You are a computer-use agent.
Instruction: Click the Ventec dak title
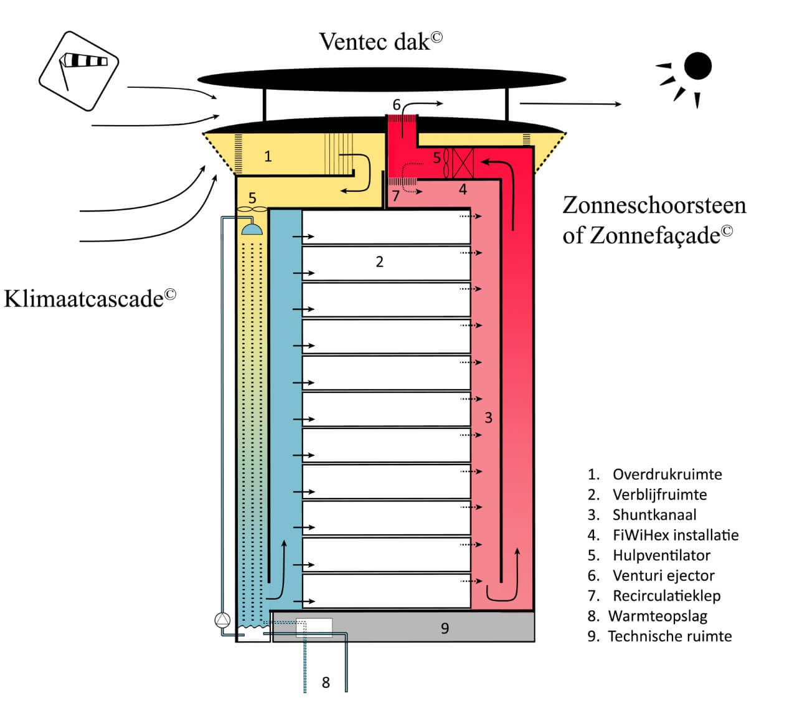380,41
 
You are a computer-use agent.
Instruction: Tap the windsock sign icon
78,70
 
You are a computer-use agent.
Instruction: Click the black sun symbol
697,66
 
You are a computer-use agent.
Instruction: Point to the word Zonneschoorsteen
654,205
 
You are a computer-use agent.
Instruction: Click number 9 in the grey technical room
445,628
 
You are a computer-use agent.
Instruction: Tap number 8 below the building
326,682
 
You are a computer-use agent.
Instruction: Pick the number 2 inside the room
380,262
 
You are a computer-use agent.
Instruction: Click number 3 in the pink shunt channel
488,417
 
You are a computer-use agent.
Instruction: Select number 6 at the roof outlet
396,105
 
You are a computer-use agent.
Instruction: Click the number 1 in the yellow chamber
268,156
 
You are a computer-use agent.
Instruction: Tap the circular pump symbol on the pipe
222,620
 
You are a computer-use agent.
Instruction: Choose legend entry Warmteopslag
657,616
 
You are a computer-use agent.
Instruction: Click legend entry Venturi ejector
663,575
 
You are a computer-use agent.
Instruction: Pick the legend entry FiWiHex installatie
675,535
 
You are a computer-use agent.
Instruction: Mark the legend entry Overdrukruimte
667,474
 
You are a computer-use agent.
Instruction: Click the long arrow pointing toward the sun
570,104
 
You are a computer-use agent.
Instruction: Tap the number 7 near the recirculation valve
395,196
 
